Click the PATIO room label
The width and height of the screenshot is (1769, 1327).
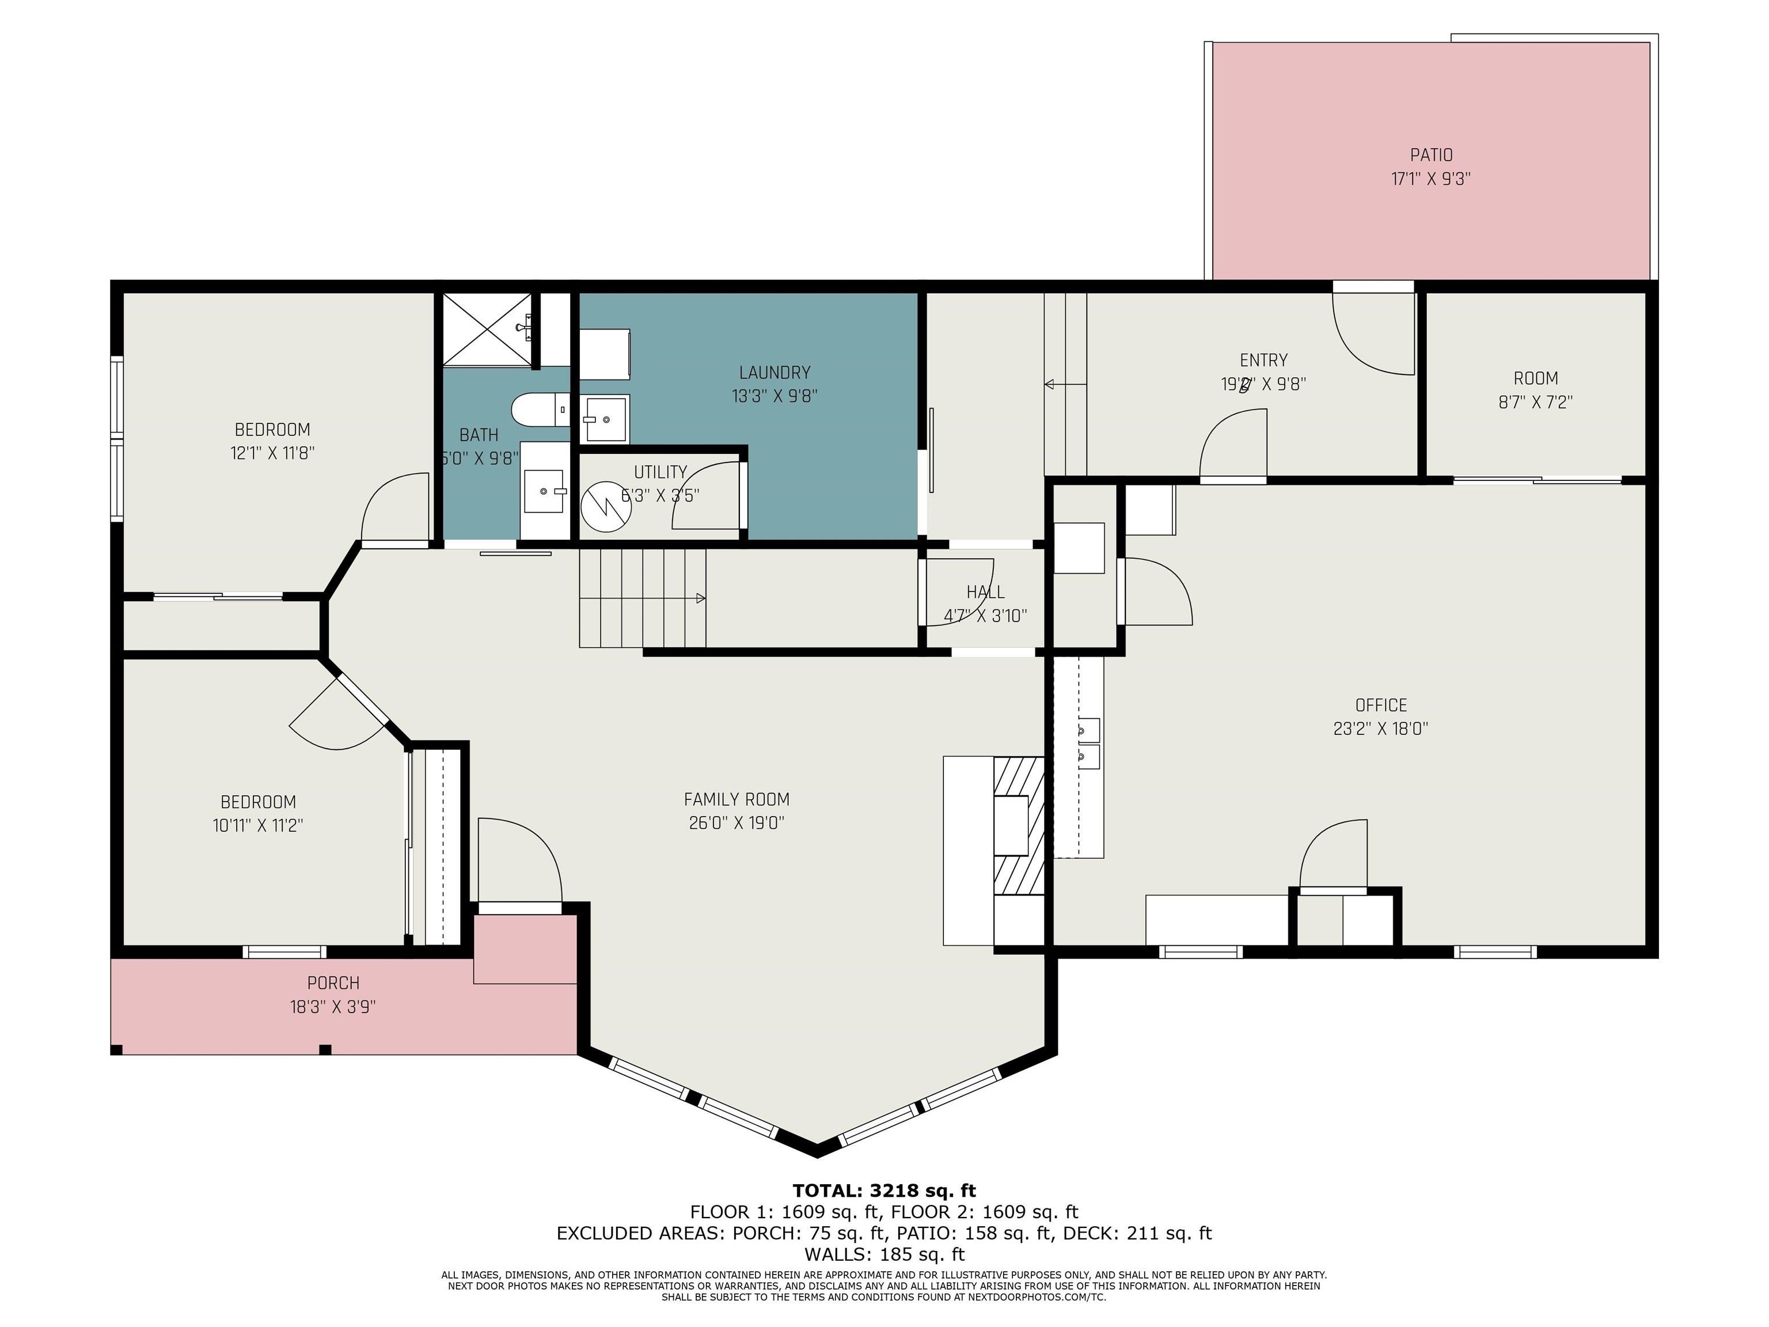1431,154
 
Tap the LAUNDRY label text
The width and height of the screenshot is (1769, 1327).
774,373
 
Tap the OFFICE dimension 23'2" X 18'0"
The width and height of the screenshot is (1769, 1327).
1380,729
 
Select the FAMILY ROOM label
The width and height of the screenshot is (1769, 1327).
737,799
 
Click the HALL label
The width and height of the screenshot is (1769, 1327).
985,592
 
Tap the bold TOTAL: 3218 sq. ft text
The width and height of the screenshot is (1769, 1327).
884,1191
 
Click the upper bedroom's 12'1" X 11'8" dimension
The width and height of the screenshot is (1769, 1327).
272,453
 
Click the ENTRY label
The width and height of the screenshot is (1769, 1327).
1263,361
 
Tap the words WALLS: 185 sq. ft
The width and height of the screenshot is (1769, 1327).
884,1254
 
